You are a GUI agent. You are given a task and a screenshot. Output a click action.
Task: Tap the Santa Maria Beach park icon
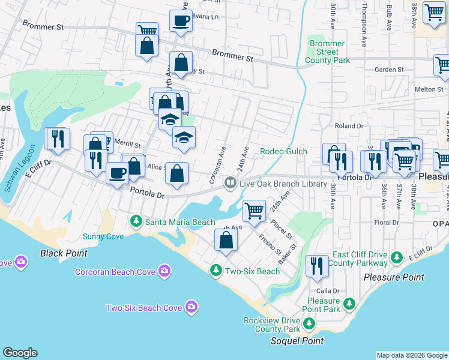[x=136, y=222]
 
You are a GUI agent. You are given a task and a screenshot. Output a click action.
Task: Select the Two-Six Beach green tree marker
[x=215, y=271]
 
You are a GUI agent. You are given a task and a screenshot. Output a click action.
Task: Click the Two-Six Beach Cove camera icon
[x=191, y=308]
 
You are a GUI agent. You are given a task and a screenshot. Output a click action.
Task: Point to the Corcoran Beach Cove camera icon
[x=164, y=272]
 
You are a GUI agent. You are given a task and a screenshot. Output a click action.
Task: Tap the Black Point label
[x=60, y=253]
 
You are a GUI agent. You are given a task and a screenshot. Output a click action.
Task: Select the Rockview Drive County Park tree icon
[x=309, y=325]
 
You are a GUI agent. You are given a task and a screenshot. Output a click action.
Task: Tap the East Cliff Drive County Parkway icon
[x=396, y=258]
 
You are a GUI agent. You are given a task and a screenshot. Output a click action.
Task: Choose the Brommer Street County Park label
[x=327, y=52]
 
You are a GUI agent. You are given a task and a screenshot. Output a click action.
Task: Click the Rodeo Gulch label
[x=283, y=152]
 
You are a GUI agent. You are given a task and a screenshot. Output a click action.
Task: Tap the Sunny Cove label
[x=103, y=236]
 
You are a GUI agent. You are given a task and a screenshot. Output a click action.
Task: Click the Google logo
[x=20, y=353]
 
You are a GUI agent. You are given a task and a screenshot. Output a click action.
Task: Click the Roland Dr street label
[x=349, y=126]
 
